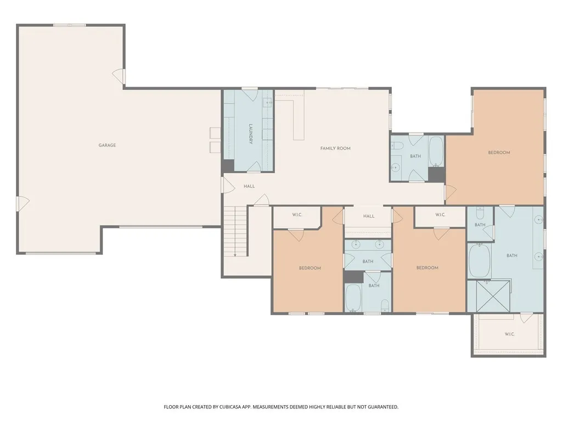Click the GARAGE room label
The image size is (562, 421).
(x=107, y=145)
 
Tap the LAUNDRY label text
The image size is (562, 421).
(x=251, y=134)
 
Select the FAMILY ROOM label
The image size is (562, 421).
(x=335, y=148)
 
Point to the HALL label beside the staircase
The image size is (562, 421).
(x=249, y=186)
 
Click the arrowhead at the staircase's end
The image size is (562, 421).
(x=235, y=255)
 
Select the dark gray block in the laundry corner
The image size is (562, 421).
(x=228, y=166)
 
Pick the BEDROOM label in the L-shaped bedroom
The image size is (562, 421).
(x=499, y=152)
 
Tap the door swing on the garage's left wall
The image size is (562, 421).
(x=23, y=203)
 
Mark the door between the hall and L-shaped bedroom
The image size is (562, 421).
(x=451, y=192)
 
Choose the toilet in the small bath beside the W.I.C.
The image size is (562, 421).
(x=480, y=213)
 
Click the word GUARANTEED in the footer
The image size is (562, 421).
(x=383, y=407)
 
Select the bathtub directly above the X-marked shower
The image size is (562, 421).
(x=479, y=260)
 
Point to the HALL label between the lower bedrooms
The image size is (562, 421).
(x=368, y=216)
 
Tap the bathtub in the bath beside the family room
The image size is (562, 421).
(x=436, y=151)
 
